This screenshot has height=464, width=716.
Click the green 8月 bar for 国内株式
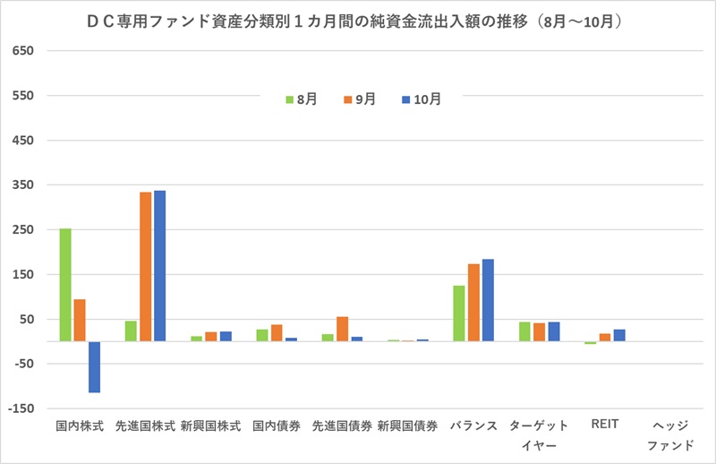point(65,285)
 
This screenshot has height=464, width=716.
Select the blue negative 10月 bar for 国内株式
point(94,366)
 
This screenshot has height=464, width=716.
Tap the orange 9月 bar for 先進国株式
point(145,266)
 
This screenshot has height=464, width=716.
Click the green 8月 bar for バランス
point(459,314)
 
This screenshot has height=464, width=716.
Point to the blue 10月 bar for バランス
point(488,300)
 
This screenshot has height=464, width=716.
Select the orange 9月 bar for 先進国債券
point(342,329)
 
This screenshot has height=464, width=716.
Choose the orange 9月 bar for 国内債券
point(277,332)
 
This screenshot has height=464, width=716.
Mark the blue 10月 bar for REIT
point(619,335)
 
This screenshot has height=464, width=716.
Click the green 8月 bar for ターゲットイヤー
point(524,331)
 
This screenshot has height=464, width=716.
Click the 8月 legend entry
point(302,99)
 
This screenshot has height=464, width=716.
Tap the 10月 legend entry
point(422,99)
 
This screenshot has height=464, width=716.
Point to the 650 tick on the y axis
point(22,51)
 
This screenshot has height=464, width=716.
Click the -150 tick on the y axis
point(21,408)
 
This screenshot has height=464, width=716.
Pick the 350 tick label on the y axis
point(22,185)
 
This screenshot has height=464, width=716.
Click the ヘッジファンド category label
point(669,434)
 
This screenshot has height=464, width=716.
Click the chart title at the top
point(358,20)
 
